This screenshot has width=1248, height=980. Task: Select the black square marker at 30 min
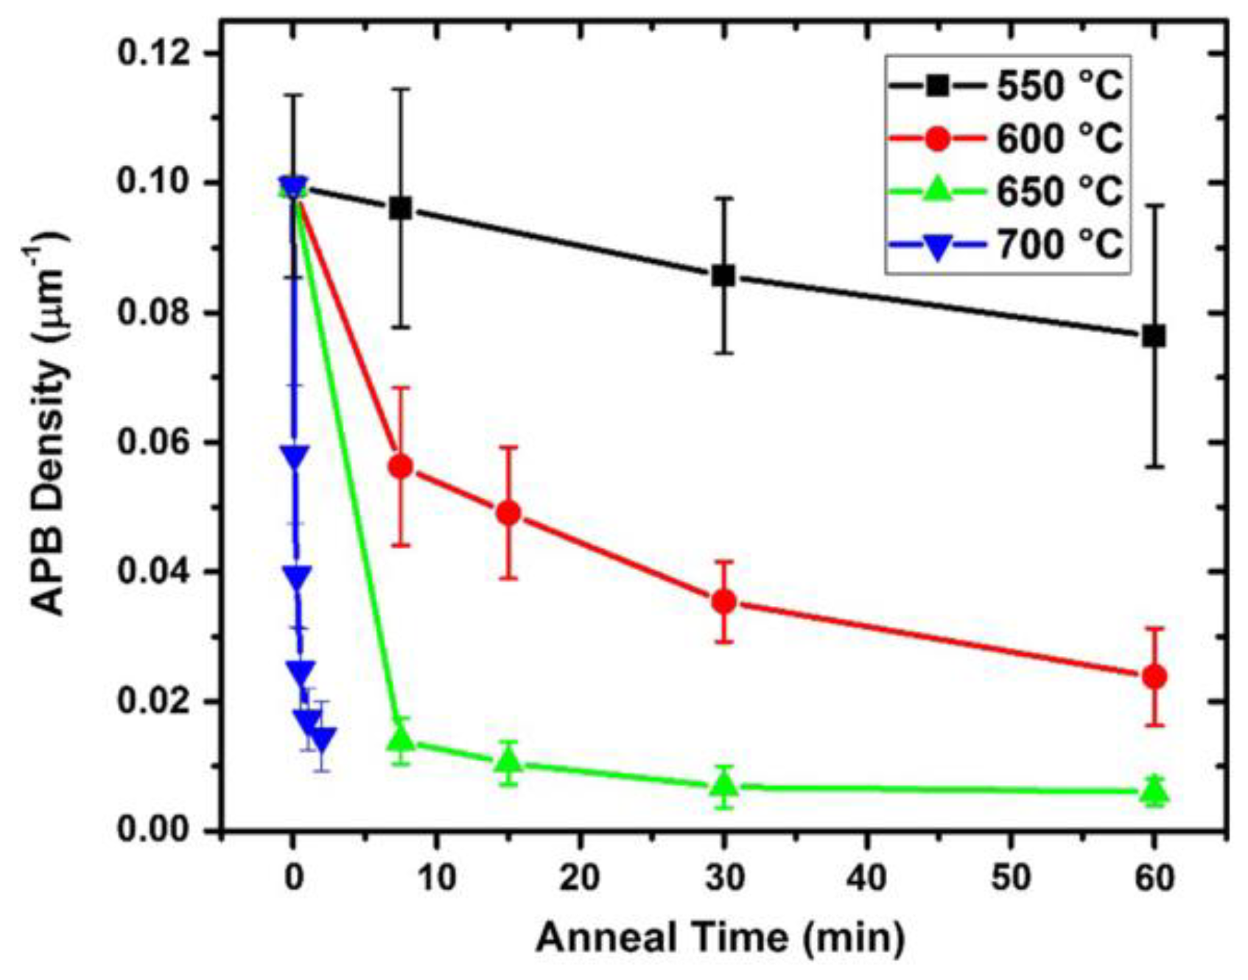tap(723, 276)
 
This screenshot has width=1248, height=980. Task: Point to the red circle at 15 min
tap(508, 513)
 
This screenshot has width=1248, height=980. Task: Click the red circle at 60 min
tap(1154, 677)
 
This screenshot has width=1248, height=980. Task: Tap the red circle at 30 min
tap(724, 602)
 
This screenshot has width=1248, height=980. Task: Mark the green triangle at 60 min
tap(1155, 792)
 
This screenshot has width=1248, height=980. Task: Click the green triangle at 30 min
tap(724, 786)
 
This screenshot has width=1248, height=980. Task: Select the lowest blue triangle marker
tap(322, 739)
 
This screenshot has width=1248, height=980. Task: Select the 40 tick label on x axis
tap(868, 878)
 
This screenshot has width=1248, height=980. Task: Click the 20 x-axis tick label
tap(580, 878)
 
